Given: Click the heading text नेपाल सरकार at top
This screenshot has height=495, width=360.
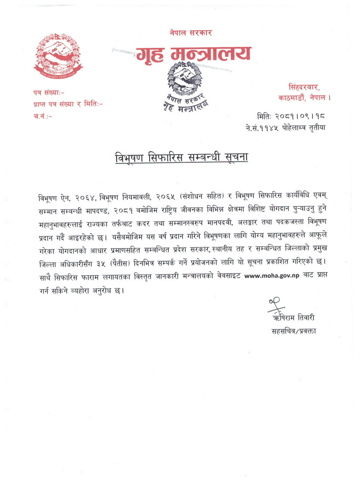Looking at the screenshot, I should pos(191,33).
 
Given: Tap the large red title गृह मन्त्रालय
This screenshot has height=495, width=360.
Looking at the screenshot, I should pos(193,55).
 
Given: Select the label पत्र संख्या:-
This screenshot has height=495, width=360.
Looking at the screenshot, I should pos(49,92).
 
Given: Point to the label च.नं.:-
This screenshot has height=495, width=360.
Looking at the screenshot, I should pos(43,116).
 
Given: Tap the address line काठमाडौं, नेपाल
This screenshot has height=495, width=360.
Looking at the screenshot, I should pos(304,98).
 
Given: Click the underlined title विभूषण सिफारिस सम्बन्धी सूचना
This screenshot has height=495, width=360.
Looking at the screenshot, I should pos(182,157).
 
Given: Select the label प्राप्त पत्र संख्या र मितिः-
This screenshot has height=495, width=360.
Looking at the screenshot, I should pos(68,104).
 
